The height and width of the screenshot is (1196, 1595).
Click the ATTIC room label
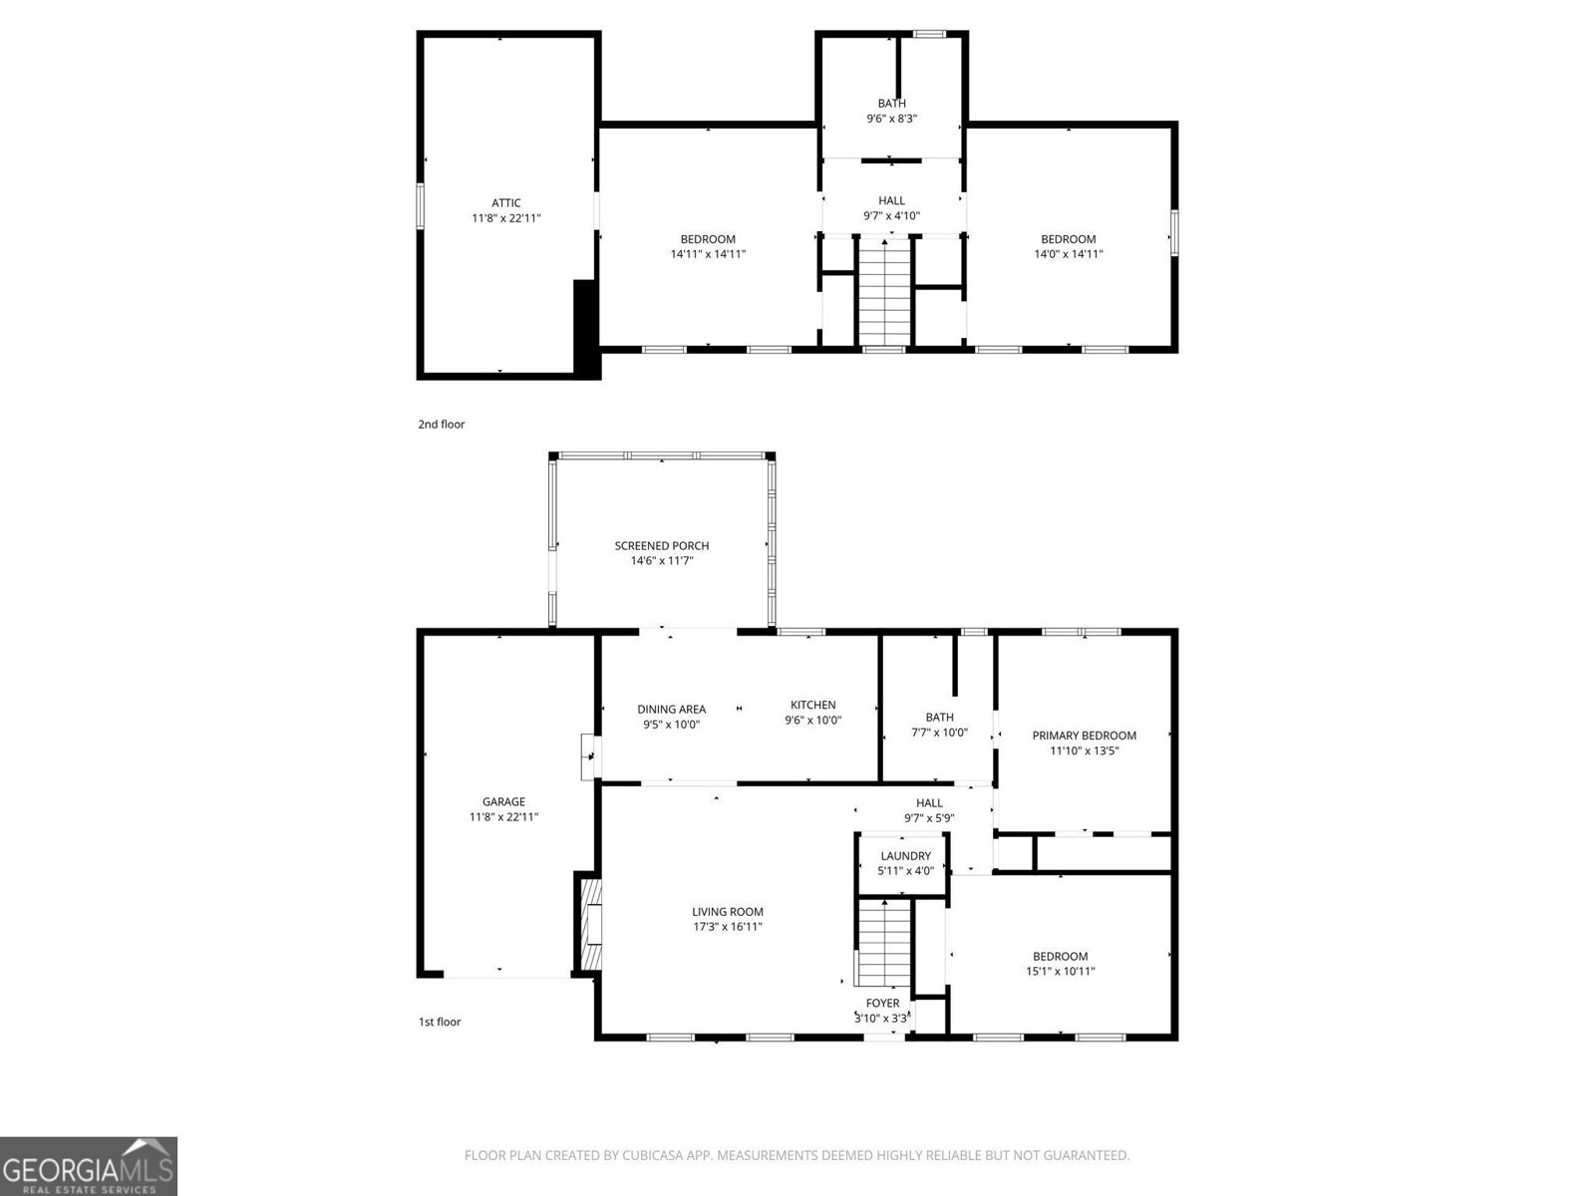(x=505, y=203)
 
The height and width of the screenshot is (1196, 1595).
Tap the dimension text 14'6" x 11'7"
(x=661, y=561)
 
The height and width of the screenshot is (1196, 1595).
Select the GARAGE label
(x=503, y=801)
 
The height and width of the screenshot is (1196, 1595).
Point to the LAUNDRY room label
(x=905, y=856)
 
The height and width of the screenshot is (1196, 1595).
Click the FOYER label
(x=882, y=1003)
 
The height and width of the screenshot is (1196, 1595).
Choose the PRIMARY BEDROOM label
(x=1084, y=736)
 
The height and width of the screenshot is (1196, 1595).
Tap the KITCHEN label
(x=812, y=705)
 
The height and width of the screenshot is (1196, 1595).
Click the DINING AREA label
(x=671, y=710)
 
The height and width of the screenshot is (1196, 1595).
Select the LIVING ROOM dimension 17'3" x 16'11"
(x=728, y=927)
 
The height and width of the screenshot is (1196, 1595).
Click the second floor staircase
(x=885, y=291)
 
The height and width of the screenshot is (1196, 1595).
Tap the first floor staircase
(x=885, y=942)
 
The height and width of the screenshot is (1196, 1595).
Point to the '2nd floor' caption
(x=441, y=425)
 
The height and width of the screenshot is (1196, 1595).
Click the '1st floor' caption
(x=439, y=1022)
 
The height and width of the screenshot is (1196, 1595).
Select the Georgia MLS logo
(x=89, y=1165)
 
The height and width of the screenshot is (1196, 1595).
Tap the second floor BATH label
(x=891, y=104)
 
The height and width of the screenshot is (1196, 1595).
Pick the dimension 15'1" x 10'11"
(x=1060, y=971)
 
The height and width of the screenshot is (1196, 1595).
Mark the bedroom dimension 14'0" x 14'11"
(x=1068, y=254)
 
